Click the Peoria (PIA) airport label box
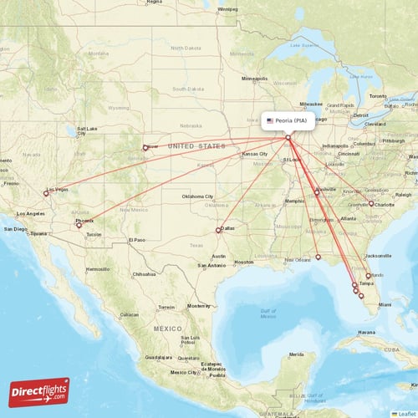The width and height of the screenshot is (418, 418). pos(290,120)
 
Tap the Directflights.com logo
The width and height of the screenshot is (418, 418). pos(39,391)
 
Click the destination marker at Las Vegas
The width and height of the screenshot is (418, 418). pos(46,192)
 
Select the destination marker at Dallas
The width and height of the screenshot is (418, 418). pos(219,230)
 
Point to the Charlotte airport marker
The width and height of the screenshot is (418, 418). pos(371,203)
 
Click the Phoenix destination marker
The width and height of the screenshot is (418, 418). pos(79,225)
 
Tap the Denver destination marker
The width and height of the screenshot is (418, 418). pos(145,148)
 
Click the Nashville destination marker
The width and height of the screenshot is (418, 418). pos(317,192)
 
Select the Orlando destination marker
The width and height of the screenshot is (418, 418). pos(369,275)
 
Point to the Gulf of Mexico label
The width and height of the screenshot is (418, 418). pos(268,313)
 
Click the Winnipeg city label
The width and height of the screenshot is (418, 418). pos(227,9)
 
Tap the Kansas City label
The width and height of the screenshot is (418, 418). pos(254,155)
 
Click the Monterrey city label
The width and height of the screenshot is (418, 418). pos(197,307)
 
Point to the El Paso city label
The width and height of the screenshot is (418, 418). pos(136,240)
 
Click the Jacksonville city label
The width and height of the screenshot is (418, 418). pos(378,256)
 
